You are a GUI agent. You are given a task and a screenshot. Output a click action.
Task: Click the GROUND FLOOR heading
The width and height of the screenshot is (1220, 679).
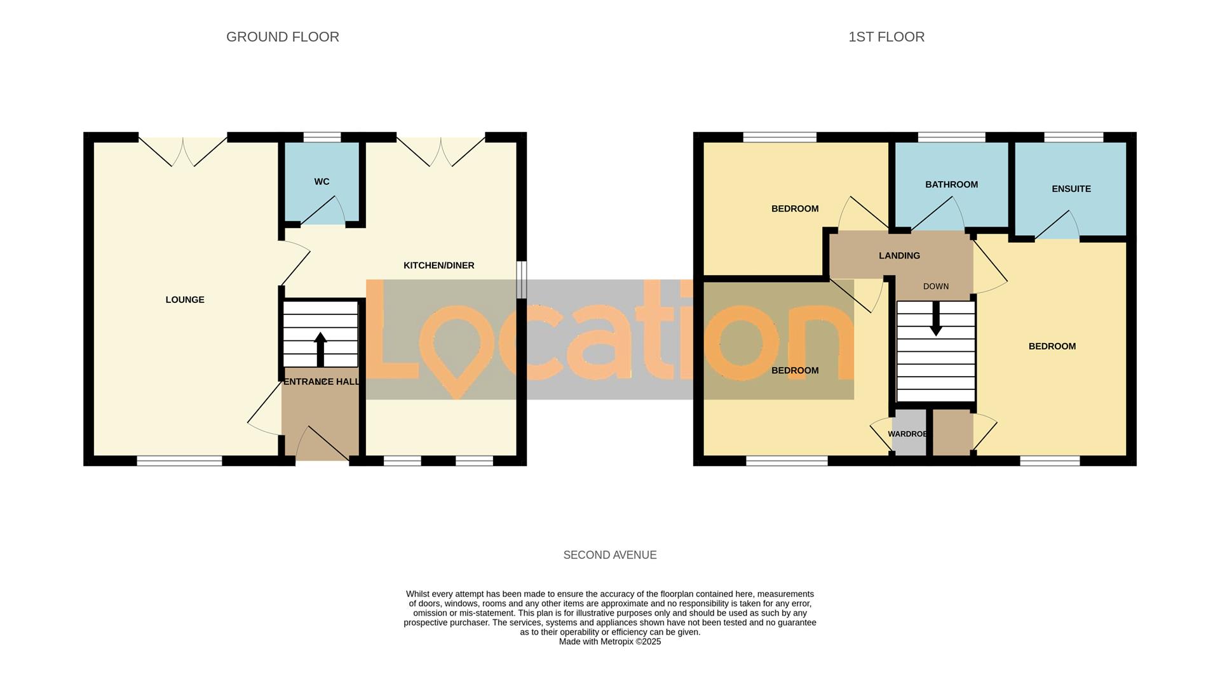click(x=283, y=37)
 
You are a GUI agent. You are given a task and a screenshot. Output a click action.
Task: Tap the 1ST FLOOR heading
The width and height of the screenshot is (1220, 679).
click(x=886, y=37)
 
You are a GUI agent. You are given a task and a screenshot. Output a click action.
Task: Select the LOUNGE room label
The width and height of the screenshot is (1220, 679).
click(x=185, y=300)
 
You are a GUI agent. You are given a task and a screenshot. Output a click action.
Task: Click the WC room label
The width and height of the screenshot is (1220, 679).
click(x=322, y=182)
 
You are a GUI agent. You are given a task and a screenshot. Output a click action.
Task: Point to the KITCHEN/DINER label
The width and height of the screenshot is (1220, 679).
click(x=438, y=266)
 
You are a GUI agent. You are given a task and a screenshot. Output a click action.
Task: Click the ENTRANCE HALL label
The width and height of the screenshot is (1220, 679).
click(x=322, y=382)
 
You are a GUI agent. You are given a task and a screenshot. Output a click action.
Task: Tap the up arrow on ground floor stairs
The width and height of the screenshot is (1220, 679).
click(x=320, y=349)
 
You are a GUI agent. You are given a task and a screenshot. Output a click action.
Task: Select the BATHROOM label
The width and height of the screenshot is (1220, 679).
click(x=951, y=185)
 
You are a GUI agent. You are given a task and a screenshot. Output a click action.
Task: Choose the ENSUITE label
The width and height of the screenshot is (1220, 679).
click(x=1071, y=189)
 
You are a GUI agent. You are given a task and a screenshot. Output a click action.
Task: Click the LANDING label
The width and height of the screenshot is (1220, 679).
click(x=899, y=255)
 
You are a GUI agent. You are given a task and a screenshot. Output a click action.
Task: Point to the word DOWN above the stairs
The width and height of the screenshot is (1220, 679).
click(x=935, y=286)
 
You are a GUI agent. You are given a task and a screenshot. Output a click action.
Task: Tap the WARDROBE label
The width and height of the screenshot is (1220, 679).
click(x=907, y=434)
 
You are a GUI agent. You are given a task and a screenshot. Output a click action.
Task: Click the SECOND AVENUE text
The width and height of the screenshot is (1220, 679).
click(x=609, y=555)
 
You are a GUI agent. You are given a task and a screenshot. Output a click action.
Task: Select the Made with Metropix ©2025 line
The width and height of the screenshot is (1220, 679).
click(x=609, y=642)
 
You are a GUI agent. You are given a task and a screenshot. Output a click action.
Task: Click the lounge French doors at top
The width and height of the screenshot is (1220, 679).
click(x=183, y=151)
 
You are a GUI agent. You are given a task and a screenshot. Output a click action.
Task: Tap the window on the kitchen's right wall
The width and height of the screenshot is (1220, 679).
click(x=521, y=279)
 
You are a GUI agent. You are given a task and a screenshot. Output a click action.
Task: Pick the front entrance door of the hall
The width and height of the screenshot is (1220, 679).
click(x=321, y=445)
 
